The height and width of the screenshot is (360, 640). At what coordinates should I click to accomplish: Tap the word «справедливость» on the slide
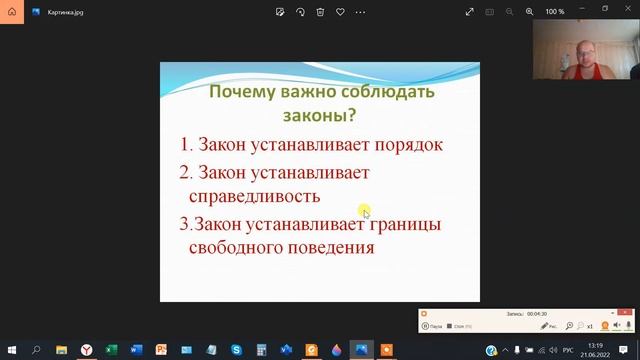click(x=254, y=195)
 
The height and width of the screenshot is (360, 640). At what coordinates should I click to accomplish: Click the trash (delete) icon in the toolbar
click(x=320, y=12)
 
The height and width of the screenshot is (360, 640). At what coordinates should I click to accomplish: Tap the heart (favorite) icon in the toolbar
click(x=341, y=12)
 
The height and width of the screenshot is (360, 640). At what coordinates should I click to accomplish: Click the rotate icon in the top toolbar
click(x=300, y=12)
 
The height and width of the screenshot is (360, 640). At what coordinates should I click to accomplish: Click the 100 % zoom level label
click(x=554, y=12)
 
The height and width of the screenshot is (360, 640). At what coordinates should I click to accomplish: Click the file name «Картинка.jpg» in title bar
click(x=64, y=12)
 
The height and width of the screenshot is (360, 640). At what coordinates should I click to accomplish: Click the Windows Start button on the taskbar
click(x=11, y=350)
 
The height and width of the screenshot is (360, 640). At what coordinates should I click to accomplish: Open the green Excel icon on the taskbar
click(x=111, y=350)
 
